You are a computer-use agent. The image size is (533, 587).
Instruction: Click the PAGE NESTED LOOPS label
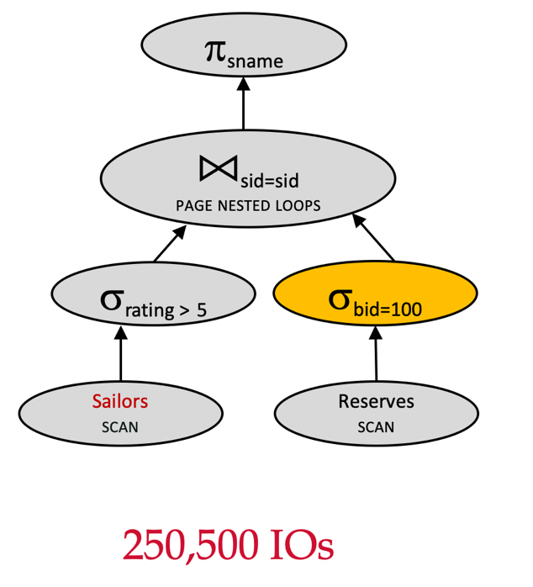[248, 204]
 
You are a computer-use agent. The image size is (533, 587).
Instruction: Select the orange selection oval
[376, 299]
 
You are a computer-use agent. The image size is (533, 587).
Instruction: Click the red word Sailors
[119, 401]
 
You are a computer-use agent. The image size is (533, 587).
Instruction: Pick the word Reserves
[376, 401]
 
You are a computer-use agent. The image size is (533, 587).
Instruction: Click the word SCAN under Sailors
[119, 427]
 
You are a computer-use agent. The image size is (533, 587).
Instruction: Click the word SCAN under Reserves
[376, 427]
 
